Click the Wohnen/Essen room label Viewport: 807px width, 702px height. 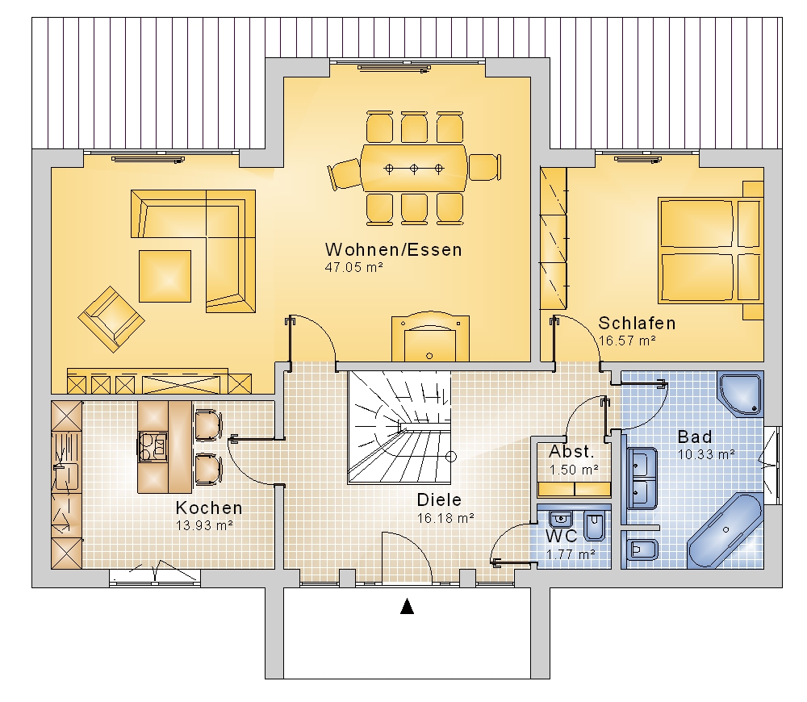tap(393, 249)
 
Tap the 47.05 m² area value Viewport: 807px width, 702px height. tap(353, 267)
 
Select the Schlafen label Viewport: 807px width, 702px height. tap(637, 324)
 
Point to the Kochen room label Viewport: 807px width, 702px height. tap(209, 508)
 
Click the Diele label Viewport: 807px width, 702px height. tap(439, 499)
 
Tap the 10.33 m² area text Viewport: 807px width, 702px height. tap(705, 454)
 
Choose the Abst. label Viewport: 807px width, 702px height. tap(572, 451)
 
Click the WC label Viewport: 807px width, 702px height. tap(562, 536)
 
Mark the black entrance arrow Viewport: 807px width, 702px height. tap(407, 606)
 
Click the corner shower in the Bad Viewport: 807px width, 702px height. tap(740, 394)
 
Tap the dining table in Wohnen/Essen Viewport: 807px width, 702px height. tap(414, 169)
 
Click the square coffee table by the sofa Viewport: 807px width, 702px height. tap(165, 277)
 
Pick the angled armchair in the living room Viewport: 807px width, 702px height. tap(111, 319)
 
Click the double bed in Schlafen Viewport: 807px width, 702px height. tap(710, 250)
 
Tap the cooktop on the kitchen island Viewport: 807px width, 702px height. tap(153, 446)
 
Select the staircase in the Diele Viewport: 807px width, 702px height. tap(399, 427)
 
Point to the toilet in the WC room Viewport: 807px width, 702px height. tap(595, 526)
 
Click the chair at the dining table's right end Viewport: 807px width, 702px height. tap(484, 167)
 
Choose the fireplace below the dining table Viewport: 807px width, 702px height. tap(430, 336)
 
